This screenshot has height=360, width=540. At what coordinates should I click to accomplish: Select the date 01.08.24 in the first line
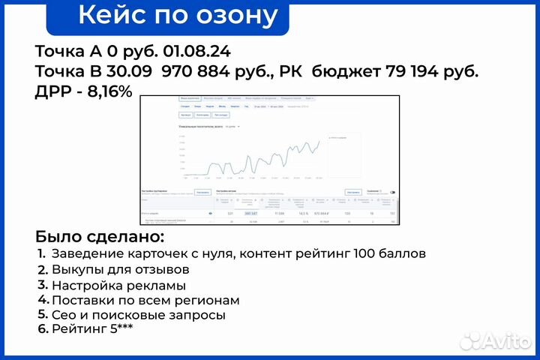[199, 52]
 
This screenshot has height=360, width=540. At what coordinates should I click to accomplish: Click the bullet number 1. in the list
[42, 253]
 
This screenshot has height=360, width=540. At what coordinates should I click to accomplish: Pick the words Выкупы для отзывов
[120, 268]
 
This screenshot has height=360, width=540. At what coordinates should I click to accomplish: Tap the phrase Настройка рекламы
[118, 285]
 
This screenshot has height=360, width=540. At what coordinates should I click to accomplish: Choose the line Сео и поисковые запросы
[138, 315]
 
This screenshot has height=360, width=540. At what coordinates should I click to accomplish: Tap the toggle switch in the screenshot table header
[392, 192]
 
